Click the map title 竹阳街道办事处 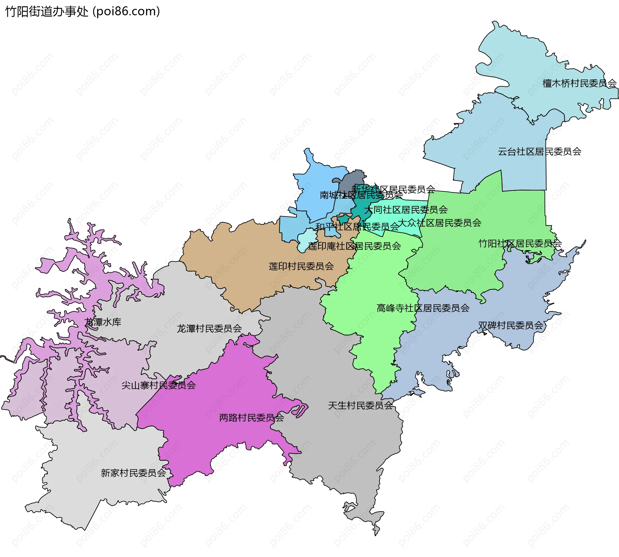(47, 12)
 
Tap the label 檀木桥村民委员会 (579, 83)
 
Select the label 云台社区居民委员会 (539, 151)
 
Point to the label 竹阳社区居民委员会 (520, 243)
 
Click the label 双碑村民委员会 (510, 326)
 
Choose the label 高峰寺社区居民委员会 (423, 308)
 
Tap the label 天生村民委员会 (360, 406)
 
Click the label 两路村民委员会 (251, 418)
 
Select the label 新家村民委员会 (133, 473)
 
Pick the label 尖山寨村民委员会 (158, 385)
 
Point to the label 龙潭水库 (103, 322)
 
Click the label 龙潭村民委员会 (209, 328)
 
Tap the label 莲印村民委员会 (301, 266)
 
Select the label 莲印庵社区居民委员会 (354, 246)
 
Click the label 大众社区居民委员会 (439, 223)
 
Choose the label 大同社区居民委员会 (406, 210)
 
